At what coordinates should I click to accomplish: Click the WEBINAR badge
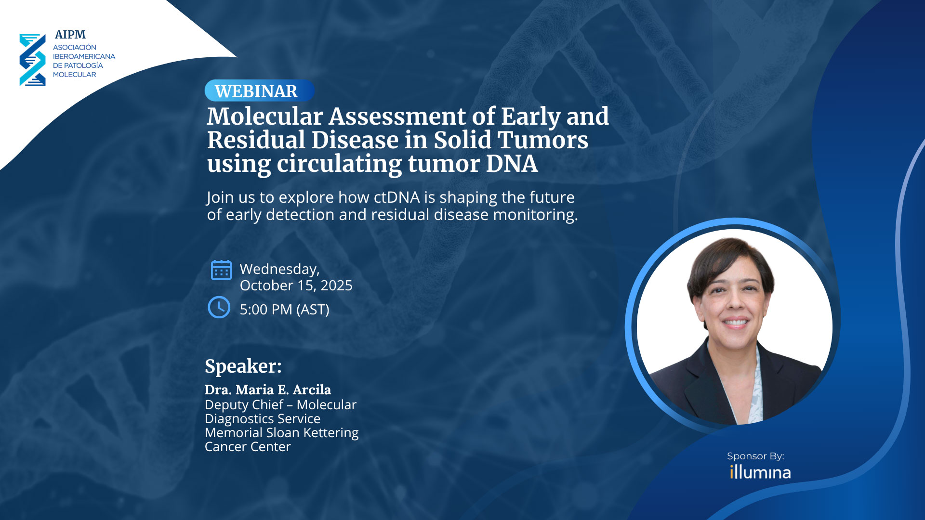coord(259,91)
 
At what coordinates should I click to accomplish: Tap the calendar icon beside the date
coord(221,270)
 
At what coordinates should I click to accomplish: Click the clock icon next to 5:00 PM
coord(219,307)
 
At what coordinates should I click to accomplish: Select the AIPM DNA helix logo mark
coord(32,60)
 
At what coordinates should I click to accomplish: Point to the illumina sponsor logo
coord(760,472)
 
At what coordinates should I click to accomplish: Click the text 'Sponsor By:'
coord(755,456)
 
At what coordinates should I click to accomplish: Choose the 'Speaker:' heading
coord(243,366)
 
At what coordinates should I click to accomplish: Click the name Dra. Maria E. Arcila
coord(268,390)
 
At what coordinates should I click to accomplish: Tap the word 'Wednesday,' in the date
coord(280,269)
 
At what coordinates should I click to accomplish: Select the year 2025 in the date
coord(336,286)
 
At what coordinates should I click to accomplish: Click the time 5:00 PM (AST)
coord(285,310)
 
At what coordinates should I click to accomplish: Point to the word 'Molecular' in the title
coord(265,117)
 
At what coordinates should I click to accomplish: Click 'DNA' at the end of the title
coord(512,164)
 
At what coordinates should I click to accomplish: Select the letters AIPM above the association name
coord(70,35)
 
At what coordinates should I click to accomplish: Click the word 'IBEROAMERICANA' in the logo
coord(84,56)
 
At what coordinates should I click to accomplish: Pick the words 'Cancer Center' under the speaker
coord(248,447)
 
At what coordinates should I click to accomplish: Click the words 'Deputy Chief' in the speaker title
coord(244,405)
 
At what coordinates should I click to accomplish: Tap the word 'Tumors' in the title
coord(542,140)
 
